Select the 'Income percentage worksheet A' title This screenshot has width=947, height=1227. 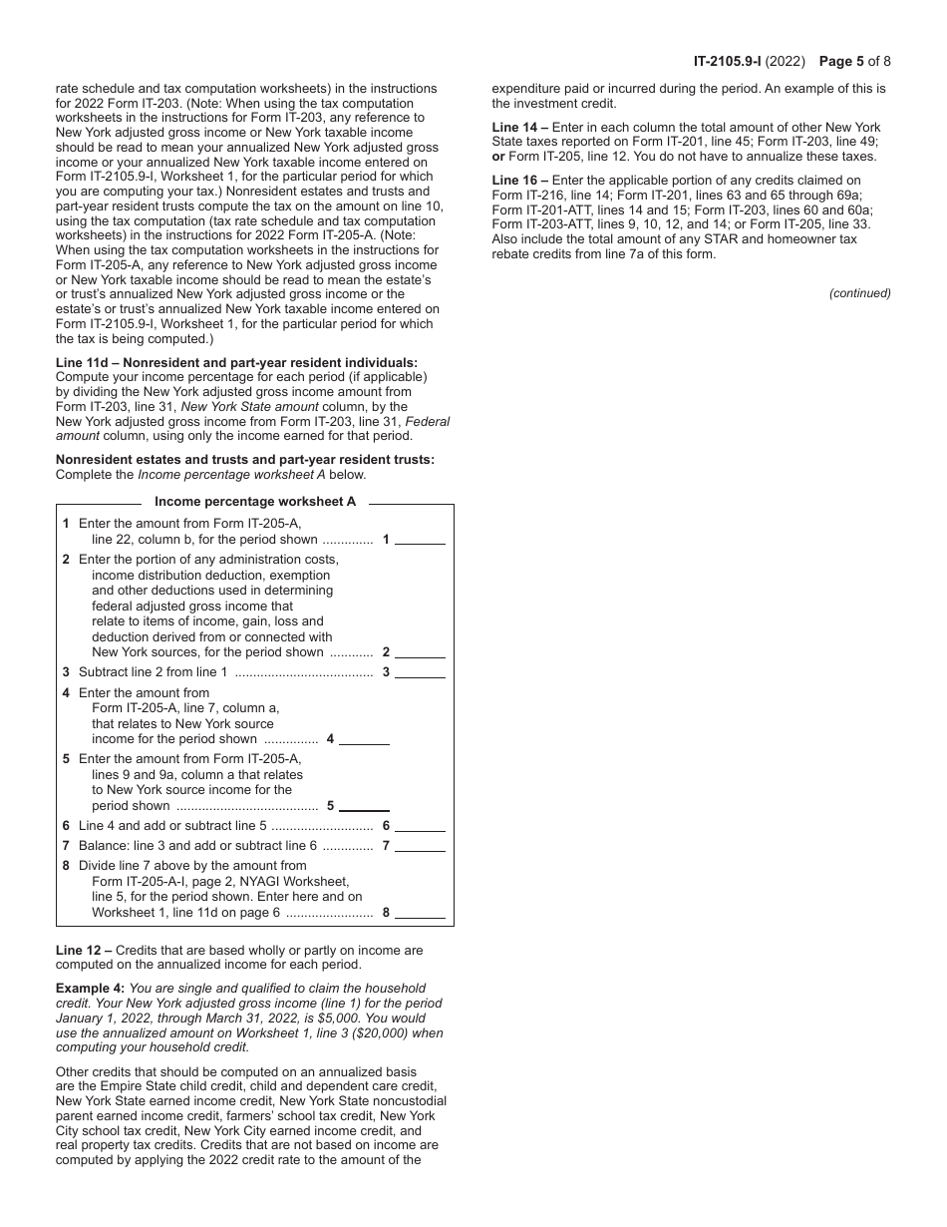pos(255,502)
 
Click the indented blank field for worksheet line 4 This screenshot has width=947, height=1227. pos(364,740)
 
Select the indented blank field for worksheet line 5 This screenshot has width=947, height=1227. pos(364,806)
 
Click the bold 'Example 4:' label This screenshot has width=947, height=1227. pos(91,989)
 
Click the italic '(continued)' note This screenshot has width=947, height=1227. pos(859,293)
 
